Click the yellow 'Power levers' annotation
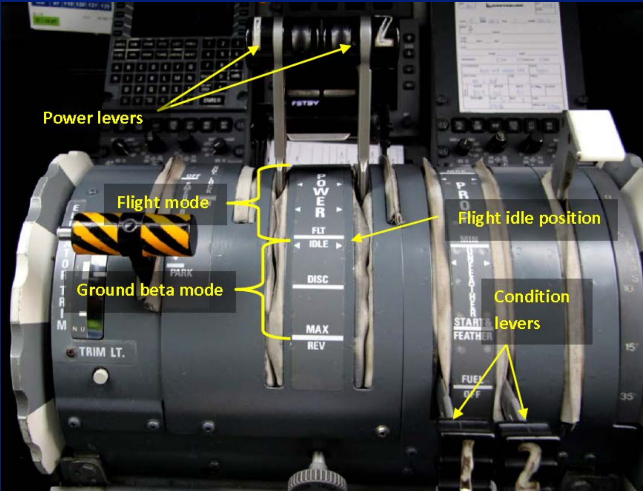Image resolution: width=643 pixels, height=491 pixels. pos(92,118)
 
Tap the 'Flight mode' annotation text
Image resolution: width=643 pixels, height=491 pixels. pos(163,202)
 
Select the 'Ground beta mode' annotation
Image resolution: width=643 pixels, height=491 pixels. pos(149,290)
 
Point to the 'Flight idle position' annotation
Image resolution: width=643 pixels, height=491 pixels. pos(529,218)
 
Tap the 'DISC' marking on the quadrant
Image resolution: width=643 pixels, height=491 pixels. pos(317,279)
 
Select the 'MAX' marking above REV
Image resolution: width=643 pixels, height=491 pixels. pos(317,329)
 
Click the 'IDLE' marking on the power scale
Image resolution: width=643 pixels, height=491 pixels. pos(318,244)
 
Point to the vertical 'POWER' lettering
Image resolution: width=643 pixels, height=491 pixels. pos(320,195)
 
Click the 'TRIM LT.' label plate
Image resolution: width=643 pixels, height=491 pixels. pos(102,352)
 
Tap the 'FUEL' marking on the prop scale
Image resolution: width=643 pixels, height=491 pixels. pos(472,379)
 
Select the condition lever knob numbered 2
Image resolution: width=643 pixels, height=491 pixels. pos(529,458)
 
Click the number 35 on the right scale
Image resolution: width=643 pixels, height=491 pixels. pos(627,396)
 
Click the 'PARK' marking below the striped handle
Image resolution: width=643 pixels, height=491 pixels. pos(181,273)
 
